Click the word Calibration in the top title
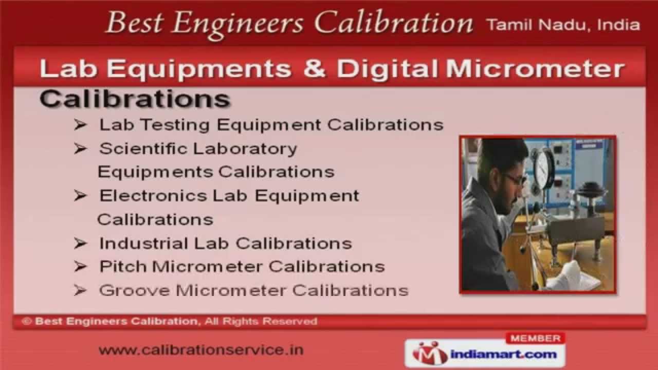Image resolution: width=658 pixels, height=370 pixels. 393,23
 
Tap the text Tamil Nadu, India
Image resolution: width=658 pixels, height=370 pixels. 562,25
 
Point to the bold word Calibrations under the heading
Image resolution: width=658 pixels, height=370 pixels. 135,99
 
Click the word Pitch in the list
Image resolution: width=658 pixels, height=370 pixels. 123,267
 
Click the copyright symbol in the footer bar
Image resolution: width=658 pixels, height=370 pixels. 27,322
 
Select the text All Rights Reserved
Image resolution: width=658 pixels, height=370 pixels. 261,322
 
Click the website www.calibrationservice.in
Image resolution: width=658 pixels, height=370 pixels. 201,350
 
